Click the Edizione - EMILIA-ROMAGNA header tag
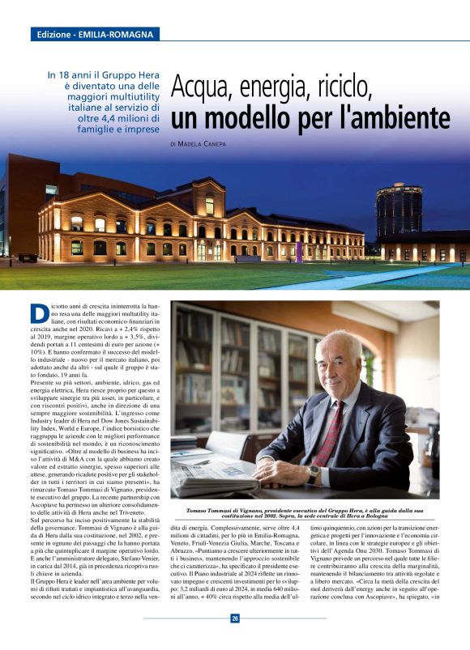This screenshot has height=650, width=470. [x=94, y=35]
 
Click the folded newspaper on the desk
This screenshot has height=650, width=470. [x=203, y=477]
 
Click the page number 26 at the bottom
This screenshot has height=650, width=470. [x=235, y=618]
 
